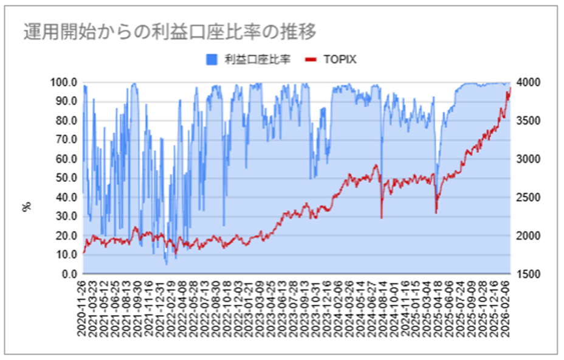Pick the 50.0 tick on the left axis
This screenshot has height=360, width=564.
tap(64, 178)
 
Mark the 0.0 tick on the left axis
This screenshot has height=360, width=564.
tap(67, 274)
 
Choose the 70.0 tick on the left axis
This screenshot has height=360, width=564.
tap(64, 140)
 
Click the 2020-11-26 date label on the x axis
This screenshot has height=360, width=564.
tap(83, 304)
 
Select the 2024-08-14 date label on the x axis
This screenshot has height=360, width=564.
tap(382, 304)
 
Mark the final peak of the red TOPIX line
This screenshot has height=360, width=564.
tap(510, 88)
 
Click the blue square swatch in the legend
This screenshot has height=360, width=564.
tap(211, 59)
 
